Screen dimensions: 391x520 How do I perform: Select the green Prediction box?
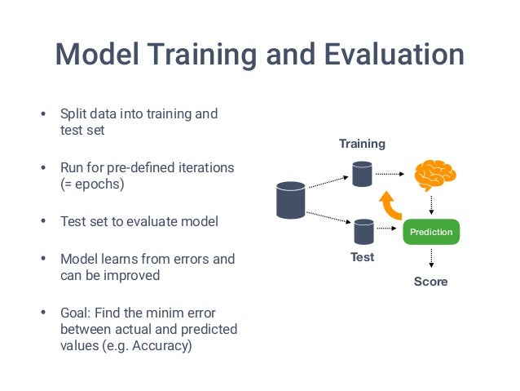point(431,232)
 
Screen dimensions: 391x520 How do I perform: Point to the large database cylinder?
point(290,200)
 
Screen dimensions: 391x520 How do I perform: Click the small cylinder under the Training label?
point(362,173)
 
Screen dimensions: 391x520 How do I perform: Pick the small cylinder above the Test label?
point(363,232)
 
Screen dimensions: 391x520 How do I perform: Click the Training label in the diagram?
point(362,144)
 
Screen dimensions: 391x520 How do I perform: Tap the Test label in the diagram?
point(362,257)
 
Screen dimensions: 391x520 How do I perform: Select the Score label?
point(430,282)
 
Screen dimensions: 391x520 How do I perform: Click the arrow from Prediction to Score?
point(431,260)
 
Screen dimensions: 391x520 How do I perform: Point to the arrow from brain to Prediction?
point(431,204)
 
